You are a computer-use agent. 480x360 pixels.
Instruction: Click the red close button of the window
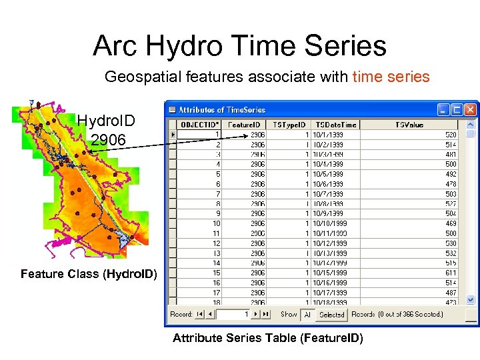coord(471,109)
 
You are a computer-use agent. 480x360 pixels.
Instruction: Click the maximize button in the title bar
coord(457,109)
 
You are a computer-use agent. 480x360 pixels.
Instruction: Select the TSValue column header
coord(409,124)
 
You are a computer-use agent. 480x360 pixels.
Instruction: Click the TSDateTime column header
coord(335,124)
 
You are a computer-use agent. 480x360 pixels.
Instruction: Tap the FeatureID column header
coord(245,124)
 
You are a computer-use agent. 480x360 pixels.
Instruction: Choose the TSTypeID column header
coord(290,124)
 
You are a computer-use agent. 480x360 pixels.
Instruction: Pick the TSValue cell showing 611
coord(451,273)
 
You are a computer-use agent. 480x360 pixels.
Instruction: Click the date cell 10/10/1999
coord(330,223)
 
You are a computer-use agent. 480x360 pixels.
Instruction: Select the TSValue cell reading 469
coord(451,223)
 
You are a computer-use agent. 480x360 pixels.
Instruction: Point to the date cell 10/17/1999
coord(330,293)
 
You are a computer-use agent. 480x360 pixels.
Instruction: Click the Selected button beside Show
coord(331,315)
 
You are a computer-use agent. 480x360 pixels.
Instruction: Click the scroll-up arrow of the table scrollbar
coord(471,125)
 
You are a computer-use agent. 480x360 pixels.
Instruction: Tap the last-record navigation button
coord(266,314)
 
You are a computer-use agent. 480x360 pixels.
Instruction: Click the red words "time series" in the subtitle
coord(391,77)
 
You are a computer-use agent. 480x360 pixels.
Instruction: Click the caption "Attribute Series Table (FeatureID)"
coord(268,339)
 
